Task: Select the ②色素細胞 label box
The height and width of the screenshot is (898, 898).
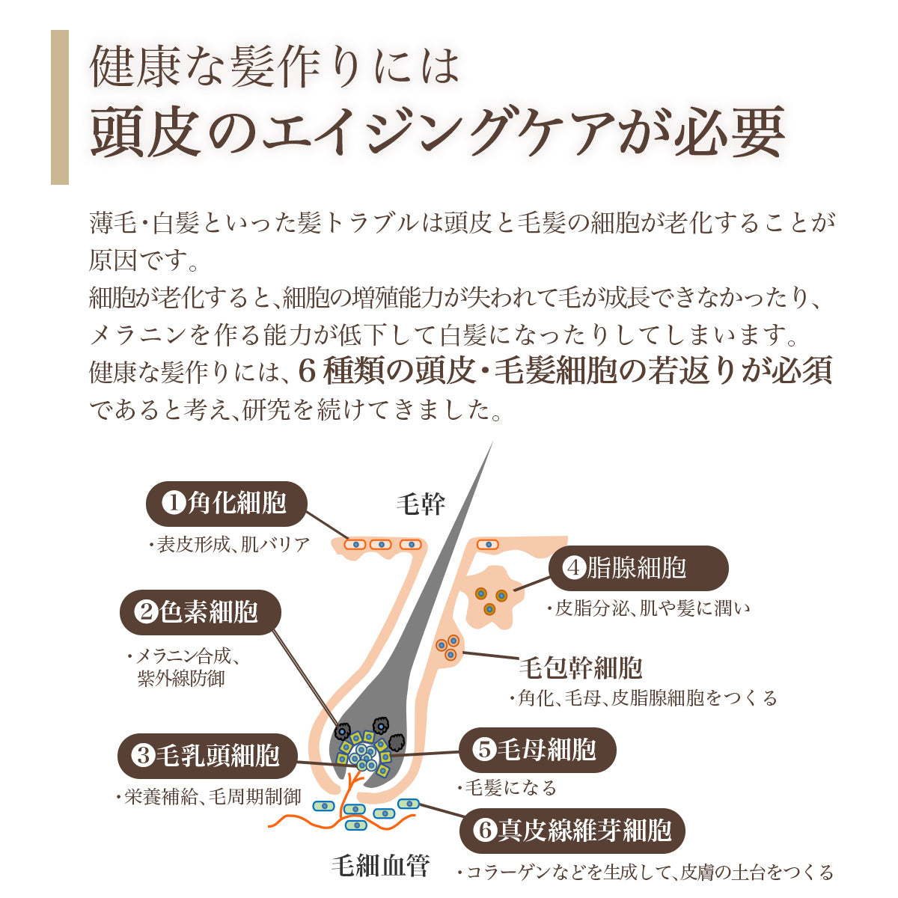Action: (x=201, y=612)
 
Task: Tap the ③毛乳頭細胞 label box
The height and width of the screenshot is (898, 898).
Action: (x=207, y=755)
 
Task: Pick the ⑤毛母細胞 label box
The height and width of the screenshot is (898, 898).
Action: (x=537, y=750)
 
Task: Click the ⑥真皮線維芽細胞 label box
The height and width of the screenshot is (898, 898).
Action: (x=572, y=830)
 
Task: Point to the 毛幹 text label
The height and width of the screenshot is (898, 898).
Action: (x=420, y=504)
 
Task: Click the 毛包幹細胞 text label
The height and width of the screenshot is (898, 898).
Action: (x=581, y=668)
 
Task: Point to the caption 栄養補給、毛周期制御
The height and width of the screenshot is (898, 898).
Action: (x=209, y=797)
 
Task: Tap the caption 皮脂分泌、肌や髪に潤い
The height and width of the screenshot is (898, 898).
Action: (x=648, y=608)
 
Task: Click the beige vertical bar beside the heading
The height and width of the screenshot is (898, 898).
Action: (x=60, y=107)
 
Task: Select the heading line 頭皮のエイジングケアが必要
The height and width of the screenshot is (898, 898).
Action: (x=438, y=133)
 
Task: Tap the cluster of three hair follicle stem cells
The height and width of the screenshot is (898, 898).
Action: (x=448, y=648)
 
